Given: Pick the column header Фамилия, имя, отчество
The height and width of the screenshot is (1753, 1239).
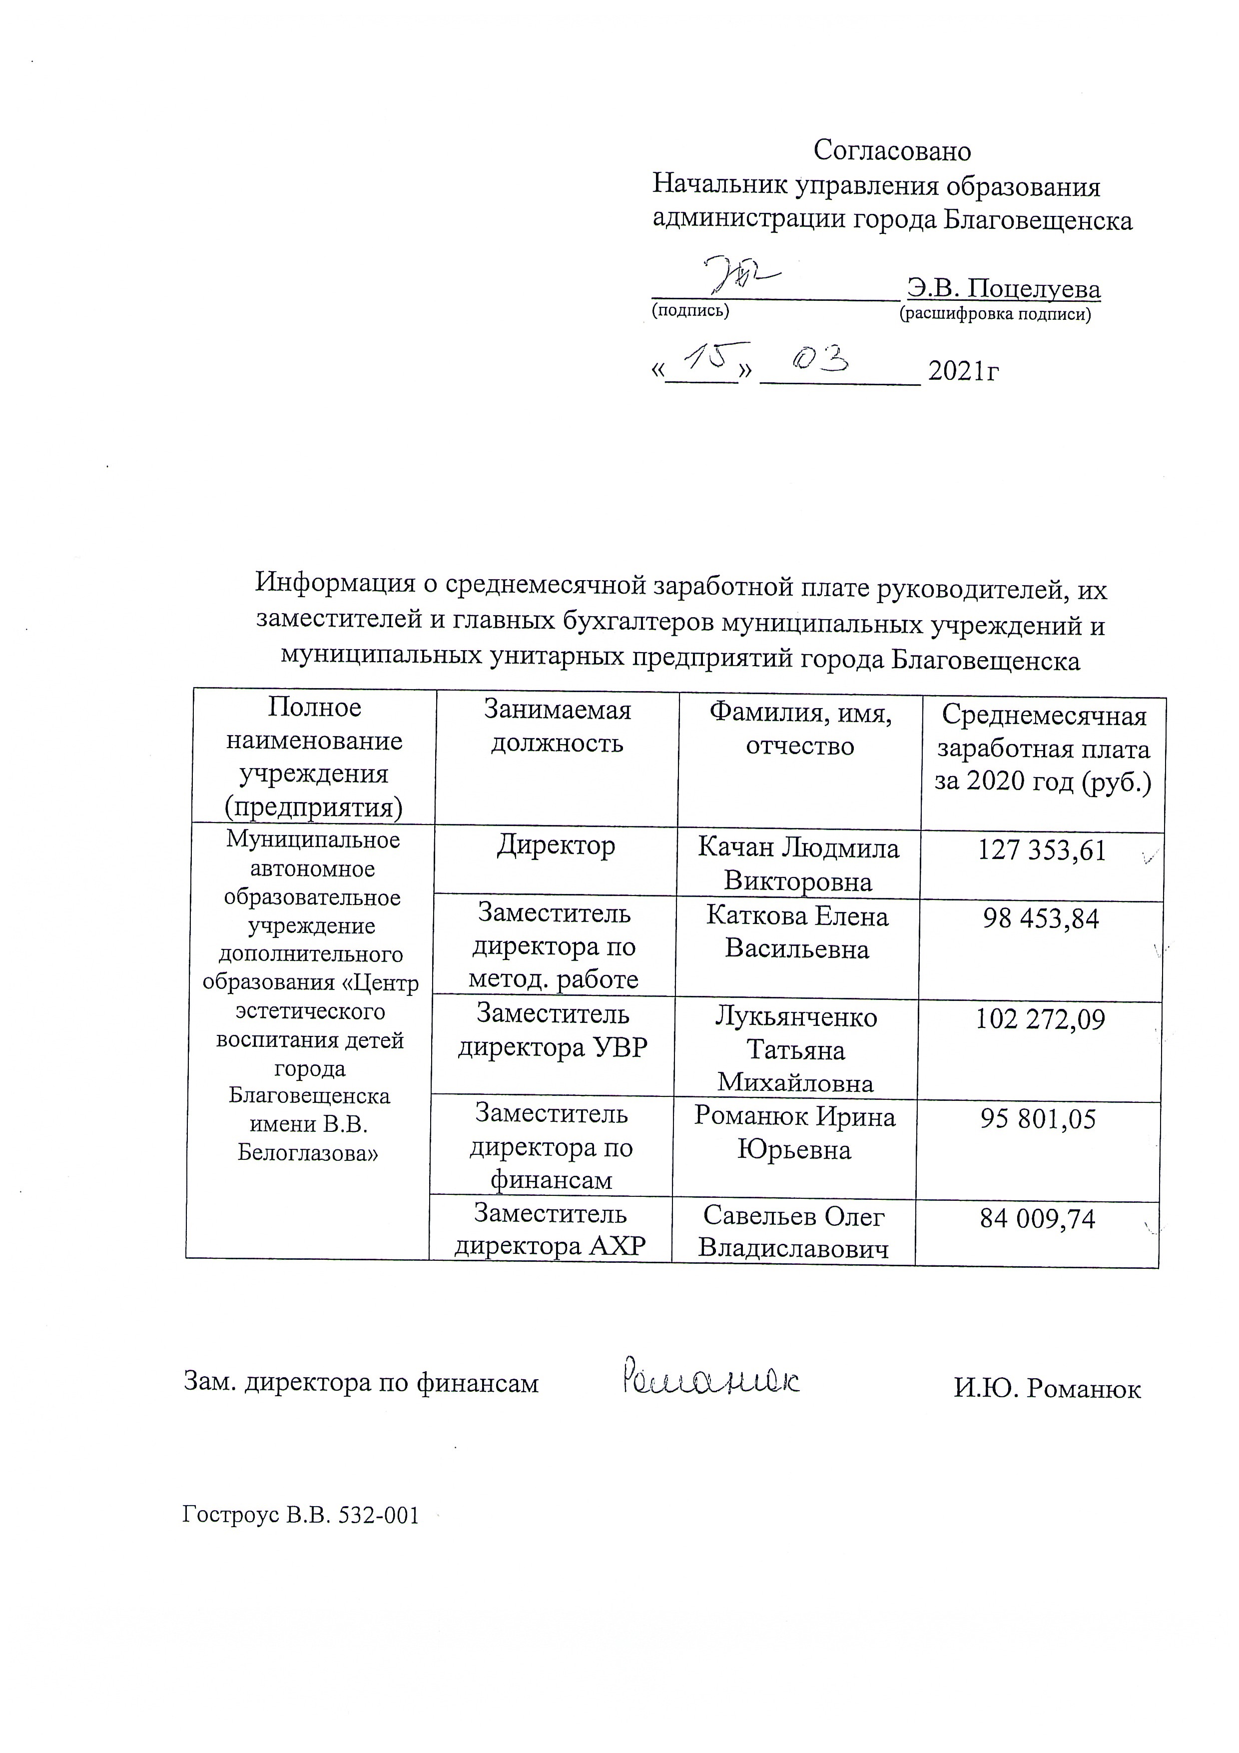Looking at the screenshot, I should coord(800,729).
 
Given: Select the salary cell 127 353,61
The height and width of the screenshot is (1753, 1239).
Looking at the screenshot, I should coord(1042,851).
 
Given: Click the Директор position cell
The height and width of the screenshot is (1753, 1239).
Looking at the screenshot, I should coord(556,846).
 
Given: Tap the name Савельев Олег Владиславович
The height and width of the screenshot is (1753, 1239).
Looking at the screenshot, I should coord(794,1231).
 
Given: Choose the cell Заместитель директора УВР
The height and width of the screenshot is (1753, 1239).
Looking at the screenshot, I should coord(553,1031).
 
